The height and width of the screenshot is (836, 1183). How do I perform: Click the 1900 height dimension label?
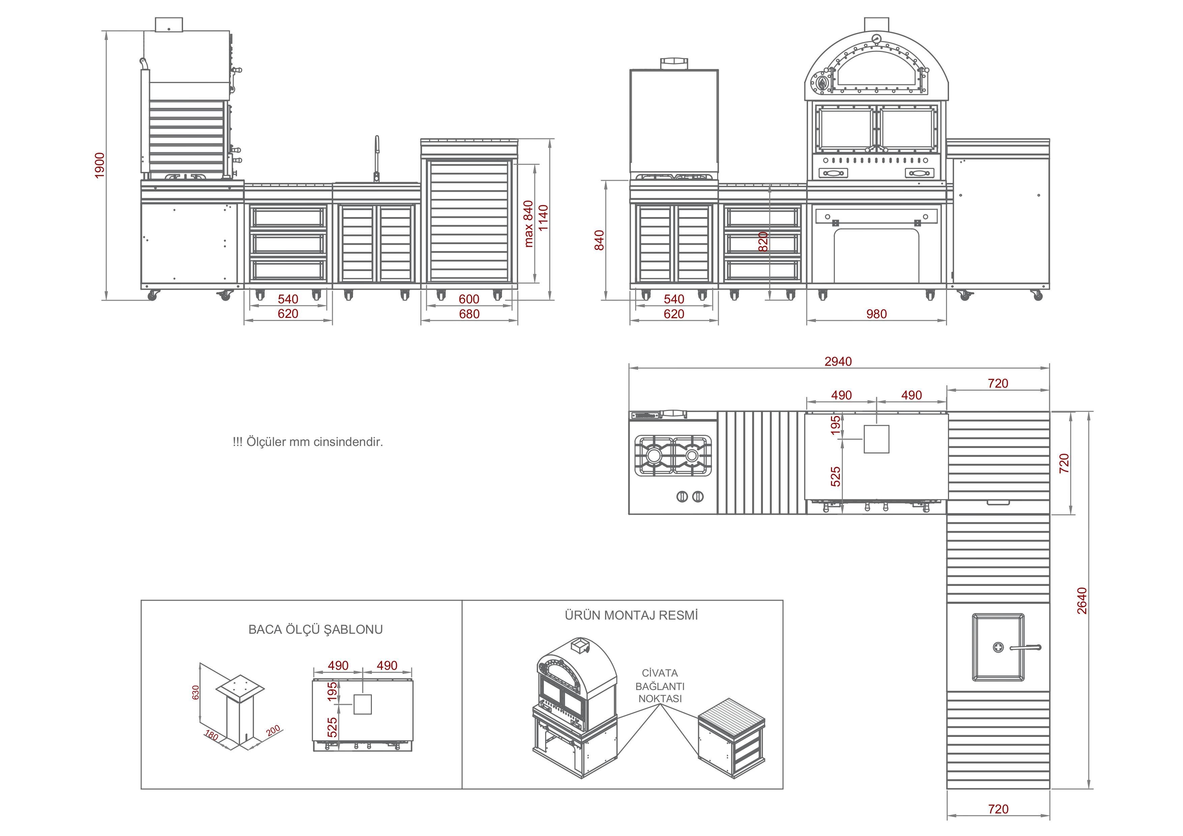(100, 165)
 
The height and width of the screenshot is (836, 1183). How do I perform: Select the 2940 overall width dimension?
(838, 362)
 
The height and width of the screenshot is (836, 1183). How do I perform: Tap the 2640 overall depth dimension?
(1082, 601)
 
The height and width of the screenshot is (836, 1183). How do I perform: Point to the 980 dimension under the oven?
(877, 314)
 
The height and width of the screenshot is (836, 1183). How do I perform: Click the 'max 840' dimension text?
(528, 224)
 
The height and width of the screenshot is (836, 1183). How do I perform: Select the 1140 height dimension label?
(543, 218)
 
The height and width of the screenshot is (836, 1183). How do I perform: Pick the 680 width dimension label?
(469, 314)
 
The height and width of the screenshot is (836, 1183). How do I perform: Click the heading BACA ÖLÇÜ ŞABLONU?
(315, 629)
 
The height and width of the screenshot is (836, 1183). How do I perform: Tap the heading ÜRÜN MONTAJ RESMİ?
(631, 615)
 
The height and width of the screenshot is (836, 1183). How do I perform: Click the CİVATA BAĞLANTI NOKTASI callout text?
(660, 686)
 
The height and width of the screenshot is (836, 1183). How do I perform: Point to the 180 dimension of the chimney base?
(211, 735)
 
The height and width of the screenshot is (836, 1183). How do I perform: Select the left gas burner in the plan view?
(654, 455)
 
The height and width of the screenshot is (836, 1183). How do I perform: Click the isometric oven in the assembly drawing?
(574, 706)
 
